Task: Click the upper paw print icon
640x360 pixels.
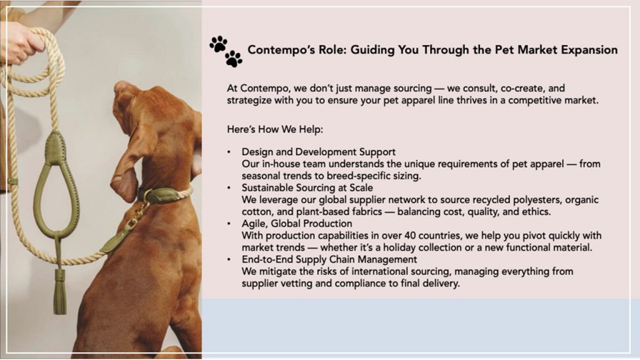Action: coord(218,44)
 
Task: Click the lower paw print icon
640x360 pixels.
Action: coord(234,59)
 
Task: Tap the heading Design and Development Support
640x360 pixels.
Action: coord(318,152)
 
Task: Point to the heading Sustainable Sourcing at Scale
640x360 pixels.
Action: coord(307,187)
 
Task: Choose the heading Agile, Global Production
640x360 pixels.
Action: coord(297,224)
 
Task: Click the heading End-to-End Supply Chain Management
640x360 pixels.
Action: coord(329,259)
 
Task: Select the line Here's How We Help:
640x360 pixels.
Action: coord(275,129)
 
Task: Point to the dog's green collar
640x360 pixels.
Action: coord(163,195)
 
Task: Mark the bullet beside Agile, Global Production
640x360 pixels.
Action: coord(229,224)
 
